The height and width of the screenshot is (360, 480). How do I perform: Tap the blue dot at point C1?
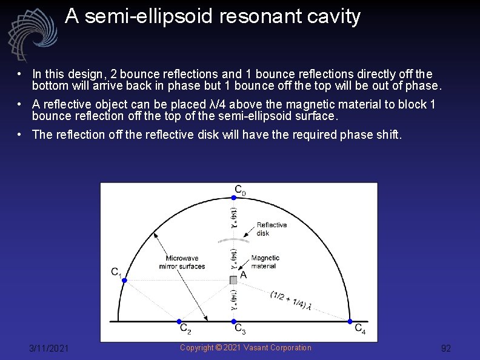pos(124,280)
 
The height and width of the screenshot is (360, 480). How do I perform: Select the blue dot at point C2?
pos(179,321)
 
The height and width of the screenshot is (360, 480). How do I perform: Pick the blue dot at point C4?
pos(350,321)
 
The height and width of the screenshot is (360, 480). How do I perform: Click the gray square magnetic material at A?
pos(234,279)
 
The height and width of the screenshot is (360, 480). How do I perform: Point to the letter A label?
pos(244,275)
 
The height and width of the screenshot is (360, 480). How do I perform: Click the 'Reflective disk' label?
pos(272,228)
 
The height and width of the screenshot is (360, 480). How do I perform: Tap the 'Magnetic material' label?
pos(264,262)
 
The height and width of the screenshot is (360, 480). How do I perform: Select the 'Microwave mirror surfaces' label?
pos(182,262)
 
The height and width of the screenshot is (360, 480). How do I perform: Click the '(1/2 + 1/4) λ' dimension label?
pos(290,301)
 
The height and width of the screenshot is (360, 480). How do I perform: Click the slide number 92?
pos(446,348)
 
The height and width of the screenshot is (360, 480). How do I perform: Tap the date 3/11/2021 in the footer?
pos(49,348)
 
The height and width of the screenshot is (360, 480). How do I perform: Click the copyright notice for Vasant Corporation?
pos(245,347)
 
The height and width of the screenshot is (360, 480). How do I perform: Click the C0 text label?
pos(240,190)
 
